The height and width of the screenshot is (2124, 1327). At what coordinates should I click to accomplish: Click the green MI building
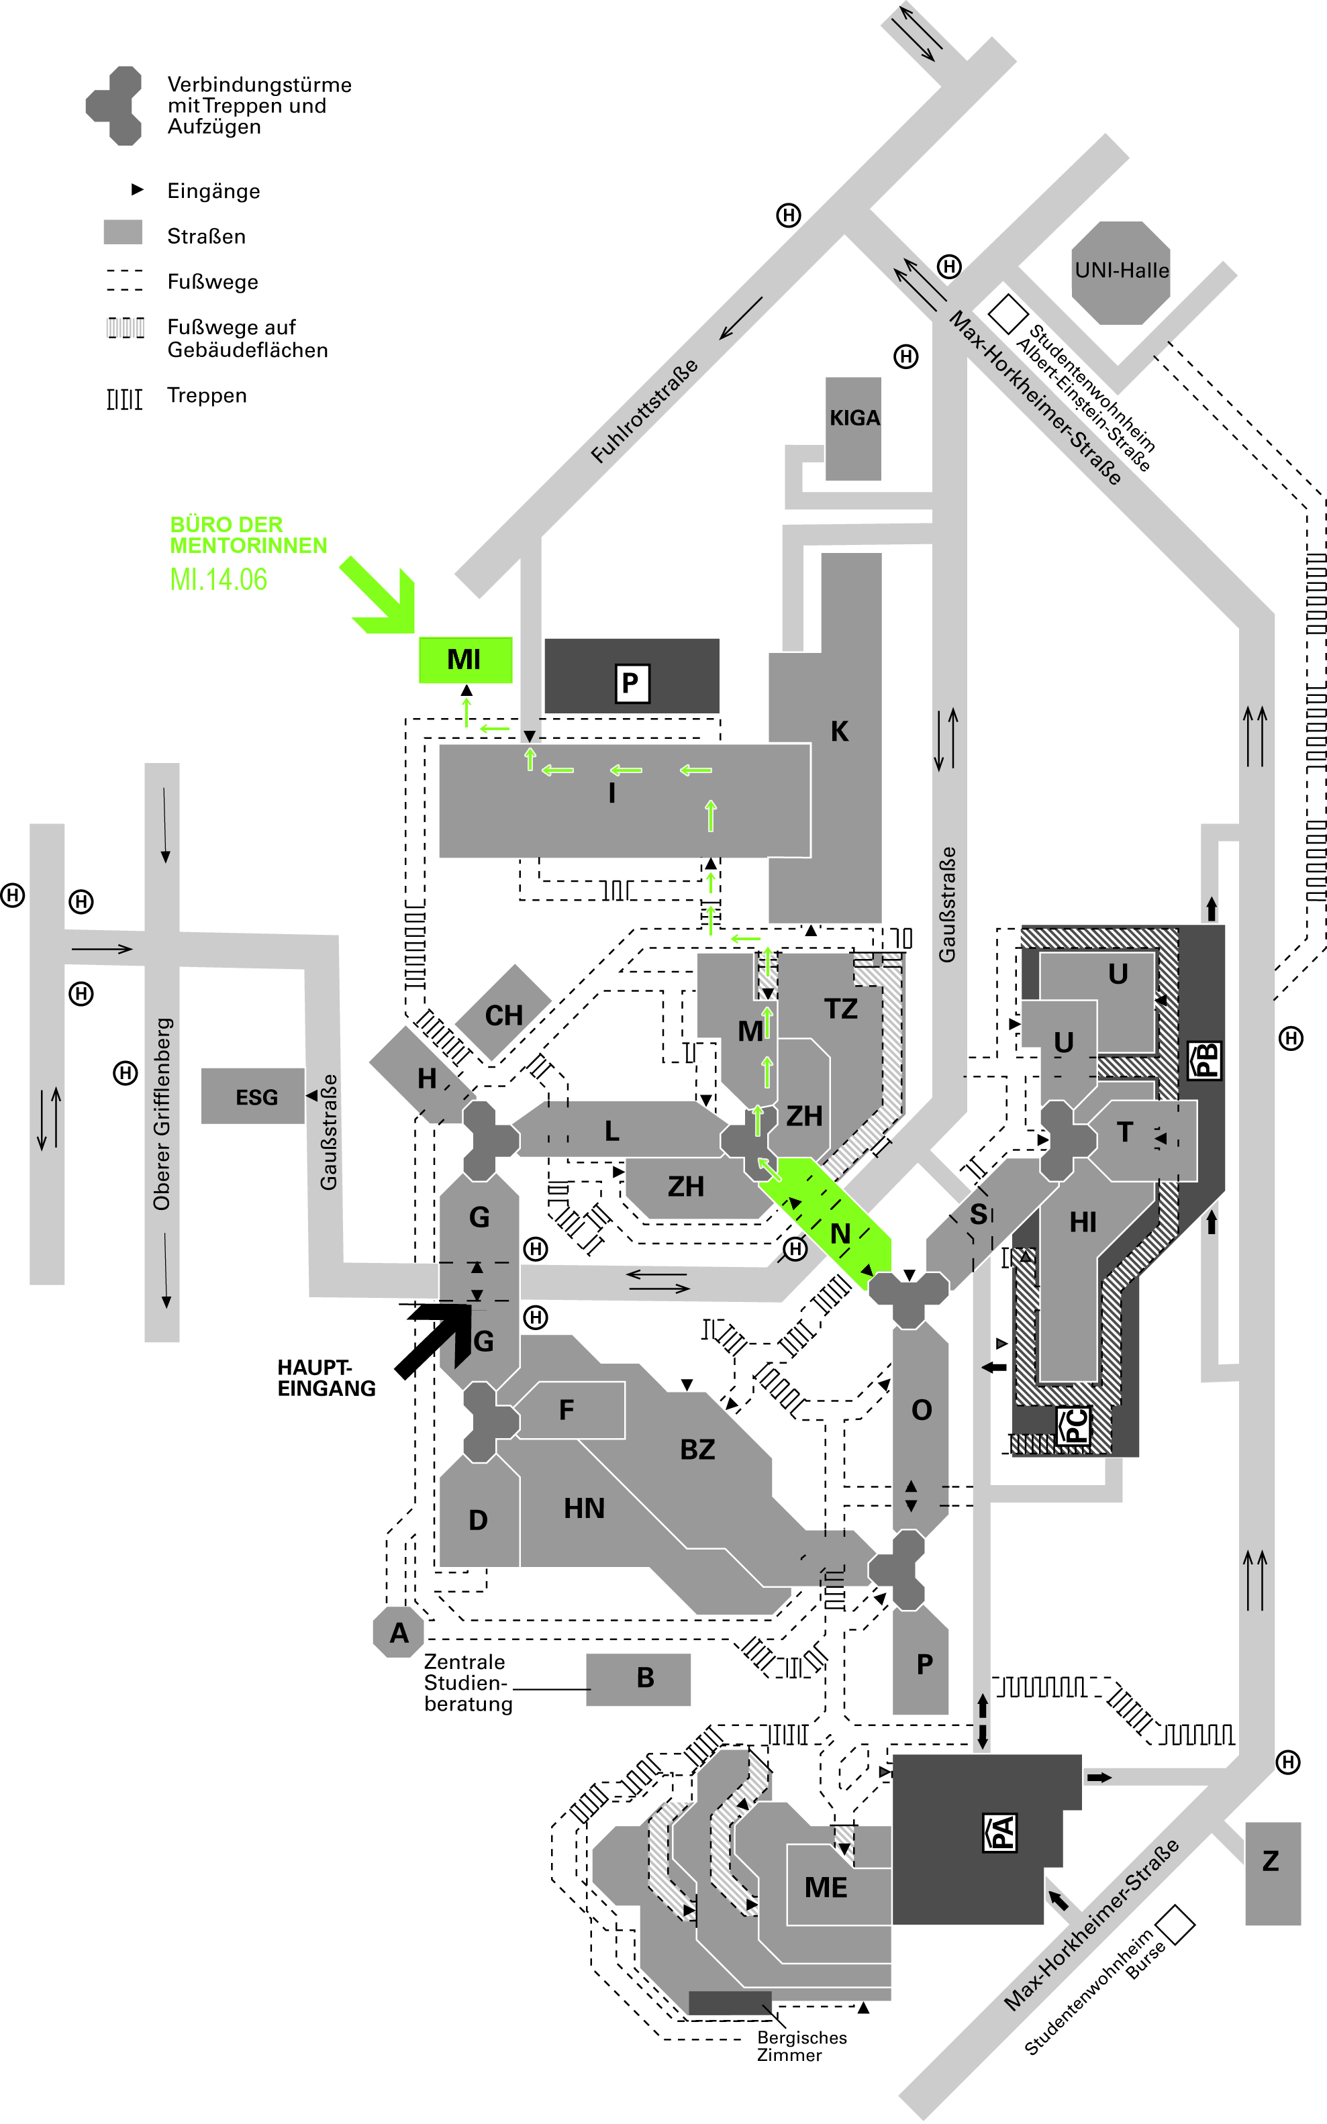[x=465, y=660]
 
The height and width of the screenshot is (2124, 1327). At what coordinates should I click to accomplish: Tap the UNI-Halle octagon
[x=1122, y=272]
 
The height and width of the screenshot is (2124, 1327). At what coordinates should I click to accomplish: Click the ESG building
[x=253, y=1096]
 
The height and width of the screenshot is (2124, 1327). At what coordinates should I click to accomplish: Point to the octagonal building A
[x=399, y=1632]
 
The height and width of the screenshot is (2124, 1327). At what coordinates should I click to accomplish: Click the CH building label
[x=504, y=1016]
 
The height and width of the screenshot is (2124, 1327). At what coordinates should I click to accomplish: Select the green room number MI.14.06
[x=219, y=580]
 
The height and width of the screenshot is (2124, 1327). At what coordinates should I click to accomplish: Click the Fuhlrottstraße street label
[x=644, y=411]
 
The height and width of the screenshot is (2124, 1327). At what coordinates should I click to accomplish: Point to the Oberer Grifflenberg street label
[x=162, y=1114]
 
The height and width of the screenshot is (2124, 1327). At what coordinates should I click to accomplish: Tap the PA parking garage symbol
[x=1001, y=1832]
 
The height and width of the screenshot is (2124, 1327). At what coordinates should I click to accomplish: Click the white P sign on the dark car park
[x=630, y=683]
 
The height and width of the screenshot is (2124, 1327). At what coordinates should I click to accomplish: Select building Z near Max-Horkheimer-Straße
[x=1272, y=1874]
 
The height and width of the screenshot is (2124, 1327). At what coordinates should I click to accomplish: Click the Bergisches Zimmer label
[x=802, y=2046]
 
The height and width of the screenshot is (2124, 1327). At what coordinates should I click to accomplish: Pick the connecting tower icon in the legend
[x=114, y=105]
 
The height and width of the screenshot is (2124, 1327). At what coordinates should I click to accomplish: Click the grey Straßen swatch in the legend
[x=123, y=232]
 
